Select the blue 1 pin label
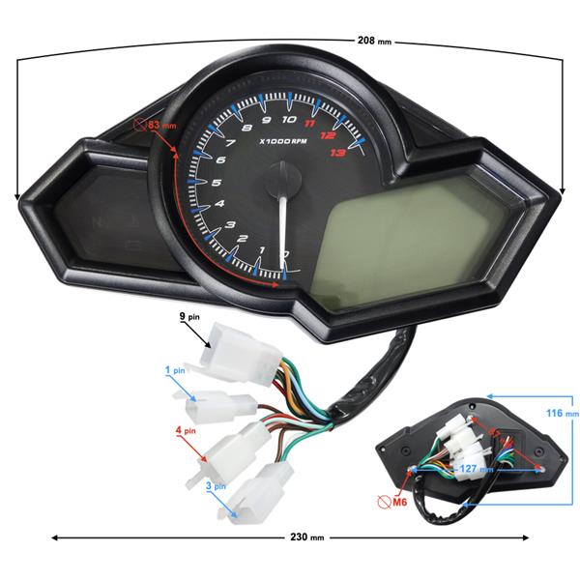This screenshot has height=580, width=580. pos(175,370)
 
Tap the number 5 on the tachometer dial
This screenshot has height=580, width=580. pos(215,182)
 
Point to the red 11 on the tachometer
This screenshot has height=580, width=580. pos(310,123)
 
